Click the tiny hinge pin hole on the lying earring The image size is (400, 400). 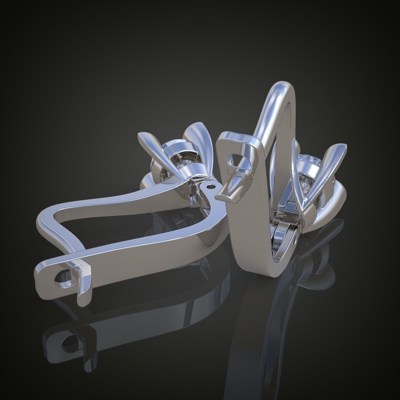212,187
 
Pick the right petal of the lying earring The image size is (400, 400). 199,145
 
